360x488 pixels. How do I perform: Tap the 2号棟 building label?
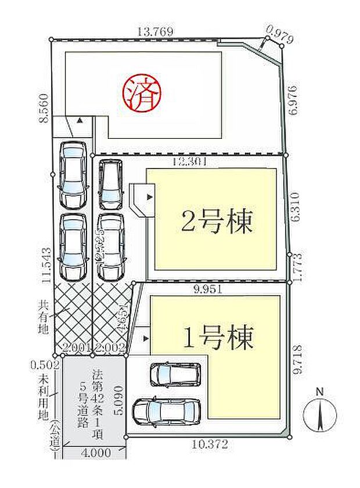coord(211,221)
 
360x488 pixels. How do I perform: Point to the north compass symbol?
coord(319,414)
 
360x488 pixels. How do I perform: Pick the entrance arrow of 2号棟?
coord(149,198)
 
